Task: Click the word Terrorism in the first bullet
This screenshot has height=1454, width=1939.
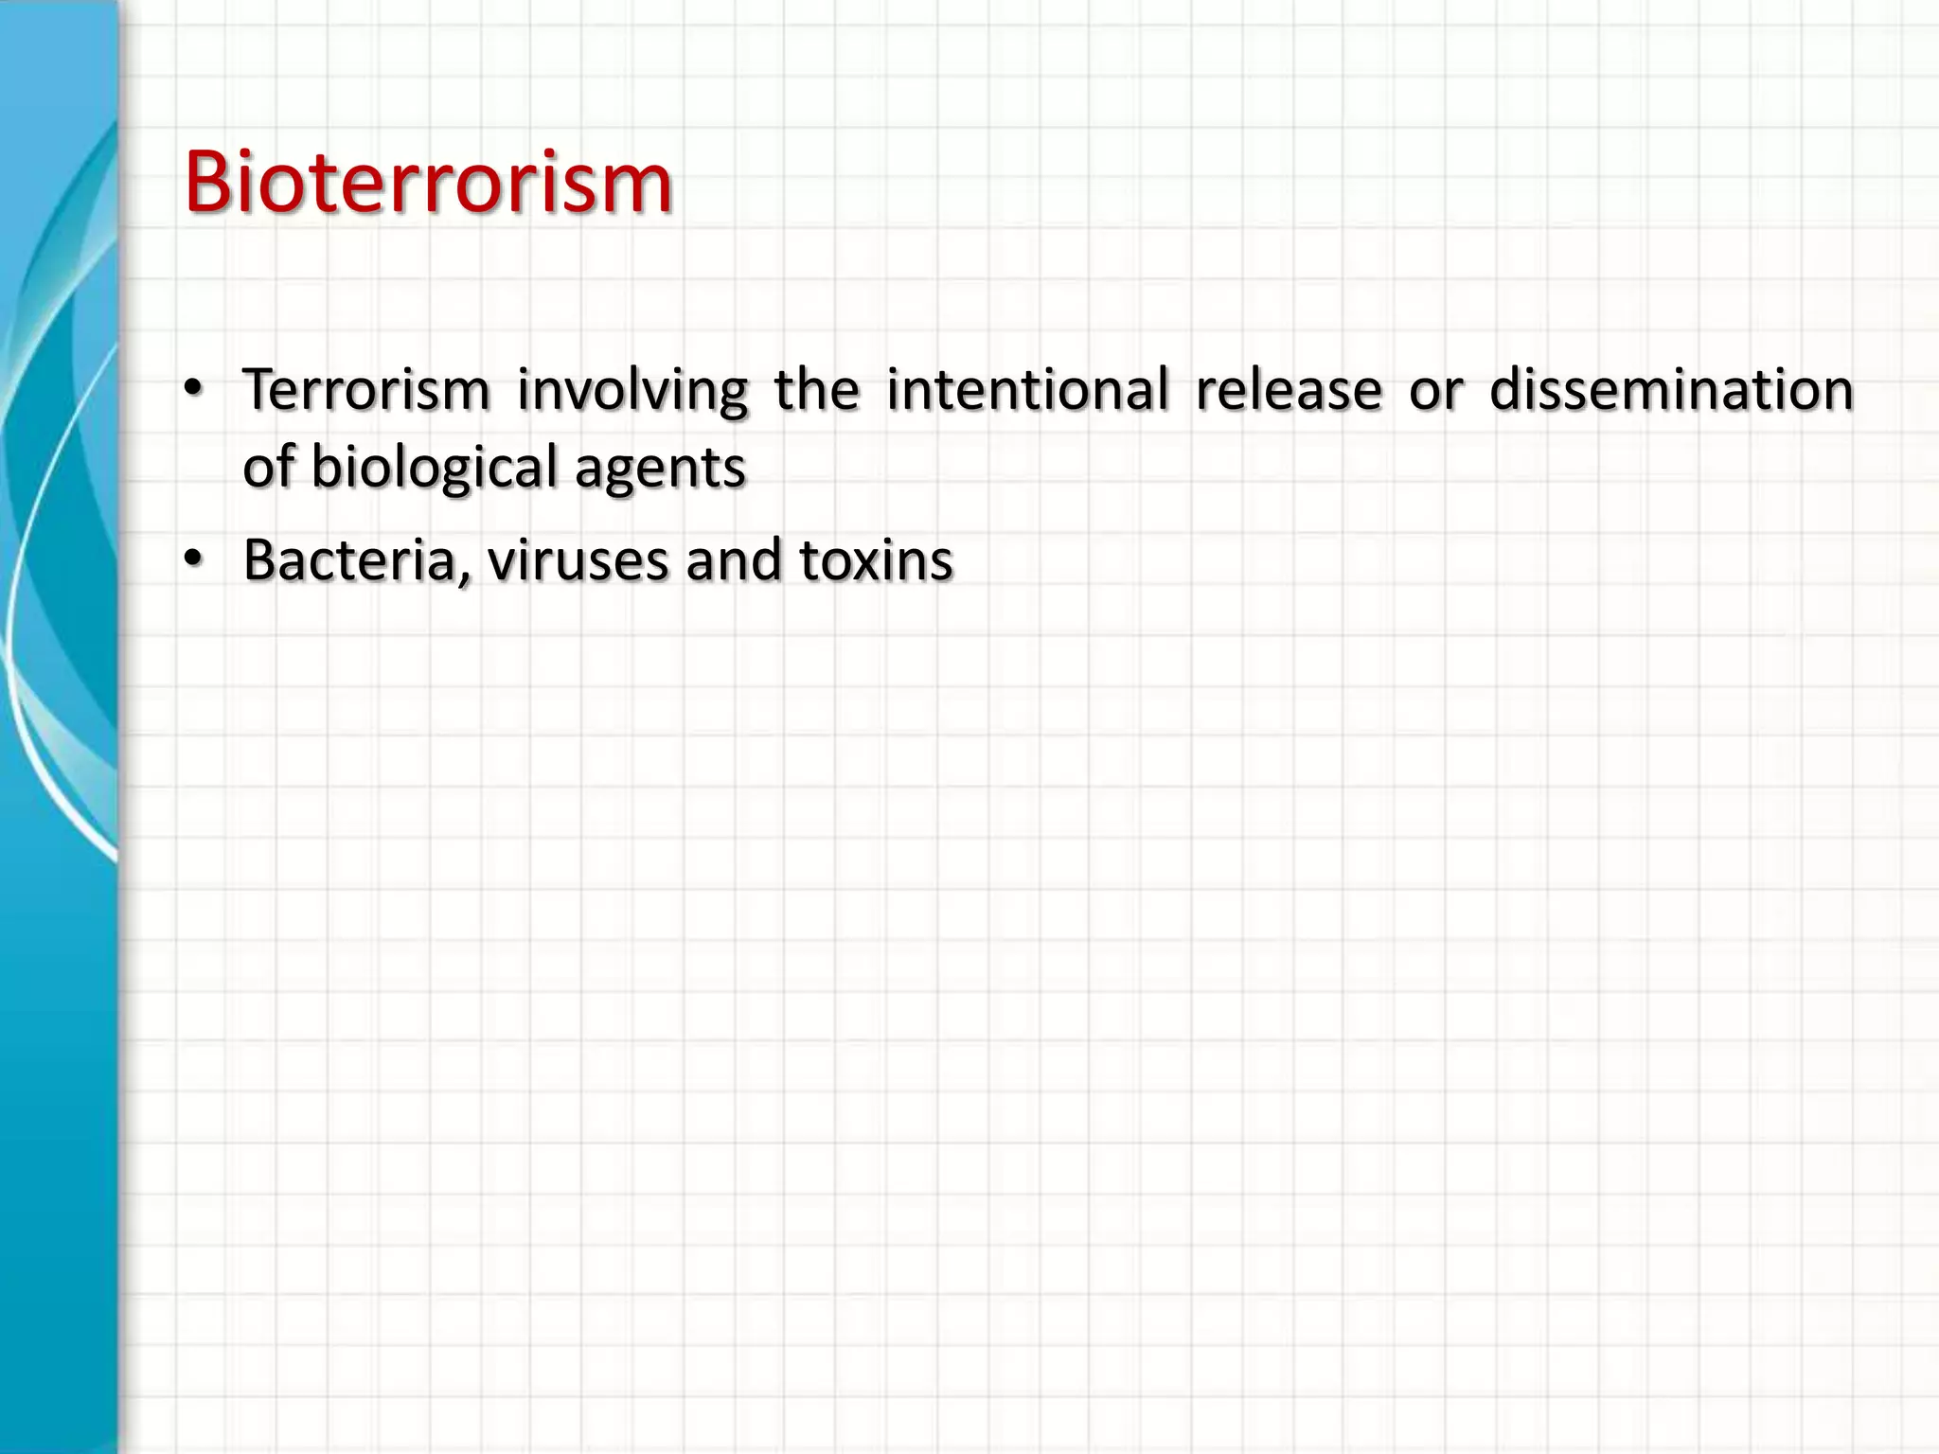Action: coord(365,389)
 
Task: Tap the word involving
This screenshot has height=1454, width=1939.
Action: coord(632,391)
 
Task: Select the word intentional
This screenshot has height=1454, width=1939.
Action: coord(1027,389)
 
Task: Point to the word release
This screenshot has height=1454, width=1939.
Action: coord(1289,389)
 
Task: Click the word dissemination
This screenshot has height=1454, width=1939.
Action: coord(1671,389)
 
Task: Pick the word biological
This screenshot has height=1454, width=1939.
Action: coord(435,469)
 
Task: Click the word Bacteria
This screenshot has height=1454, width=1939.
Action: coord(350,559)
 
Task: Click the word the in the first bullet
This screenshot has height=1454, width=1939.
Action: coord(817,389)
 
